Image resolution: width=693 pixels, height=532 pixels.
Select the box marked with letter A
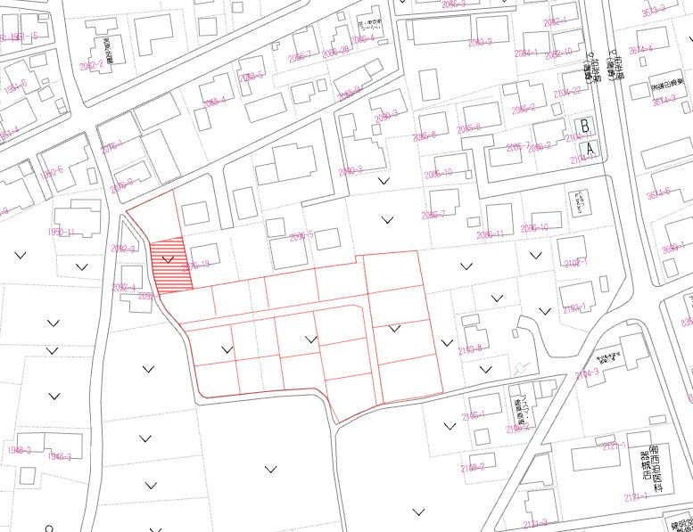coord(589,148)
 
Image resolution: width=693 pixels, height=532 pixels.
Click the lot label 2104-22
coord(566,90)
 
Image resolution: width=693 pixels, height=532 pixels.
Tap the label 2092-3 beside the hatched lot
coord(123,250)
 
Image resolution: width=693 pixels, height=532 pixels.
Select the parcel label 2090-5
coord(302,236)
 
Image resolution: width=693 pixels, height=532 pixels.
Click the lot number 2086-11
coord(491,234)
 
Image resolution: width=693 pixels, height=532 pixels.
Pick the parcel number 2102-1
coord(576,263)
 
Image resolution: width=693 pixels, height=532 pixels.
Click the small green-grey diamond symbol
coord(521,366)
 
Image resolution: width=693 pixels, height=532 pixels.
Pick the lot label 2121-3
coord(535,523)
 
